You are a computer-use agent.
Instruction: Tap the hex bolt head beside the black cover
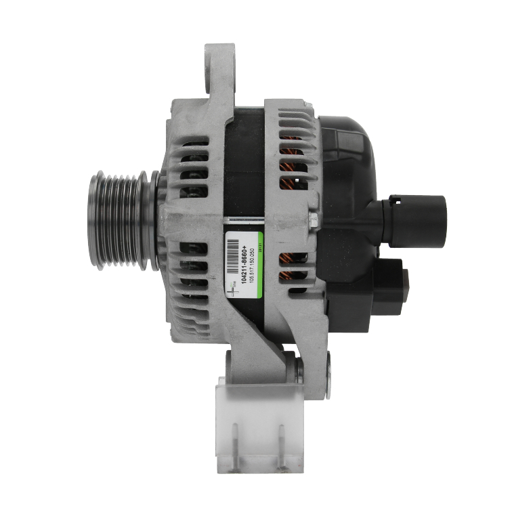[312, 218]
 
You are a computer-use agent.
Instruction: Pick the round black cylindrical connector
[421, 211]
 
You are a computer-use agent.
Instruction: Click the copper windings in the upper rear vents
[293, 163]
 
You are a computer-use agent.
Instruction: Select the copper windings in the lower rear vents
[293, 267]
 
